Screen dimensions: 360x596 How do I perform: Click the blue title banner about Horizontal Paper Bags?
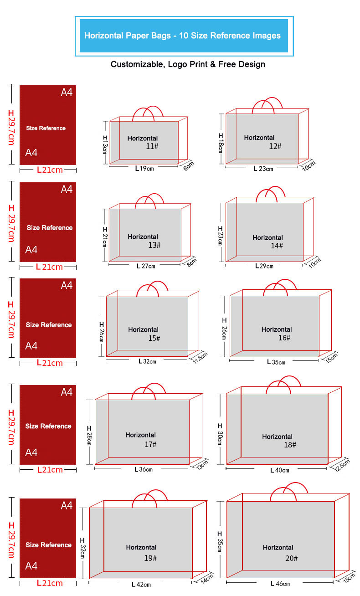tap(184, 36)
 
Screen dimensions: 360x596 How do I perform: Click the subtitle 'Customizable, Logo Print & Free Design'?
tap(188, 64)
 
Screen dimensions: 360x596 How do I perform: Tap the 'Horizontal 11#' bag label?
tap(143, 142)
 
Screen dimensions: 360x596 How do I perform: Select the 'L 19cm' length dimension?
tap(144, 169)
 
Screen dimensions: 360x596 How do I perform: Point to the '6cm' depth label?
tap(189, 166)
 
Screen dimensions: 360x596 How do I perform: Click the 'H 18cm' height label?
tap(221, 143)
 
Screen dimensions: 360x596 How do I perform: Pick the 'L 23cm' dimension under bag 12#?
tap(263, 169)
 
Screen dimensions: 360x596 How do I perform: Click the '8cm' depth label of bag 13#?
tap(191, 262)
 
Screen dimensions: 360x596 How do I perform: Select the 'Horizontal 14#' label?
tap(268, 241)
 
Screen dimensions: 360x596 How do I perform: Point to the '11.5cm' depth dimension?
tap(200, 358)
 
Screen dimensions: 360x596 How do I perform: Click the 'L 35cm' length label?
tap(276, 362)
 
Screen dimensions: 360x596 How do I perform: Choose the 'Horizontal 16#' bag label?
tap(277, 334)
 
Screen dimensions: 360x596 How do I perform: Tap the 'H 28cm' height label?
tap(89, 435)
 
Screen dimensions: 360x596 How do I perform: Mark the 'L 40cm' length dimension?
tap(280, 470)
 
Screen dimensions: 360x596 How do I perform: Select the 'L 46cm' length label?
tap(280, 584)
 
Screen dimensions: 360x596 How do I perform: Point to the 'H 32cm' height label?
tap(82, 548)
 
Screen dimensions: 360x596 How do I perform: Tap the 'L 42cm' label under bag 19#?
tap(141, 585)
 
